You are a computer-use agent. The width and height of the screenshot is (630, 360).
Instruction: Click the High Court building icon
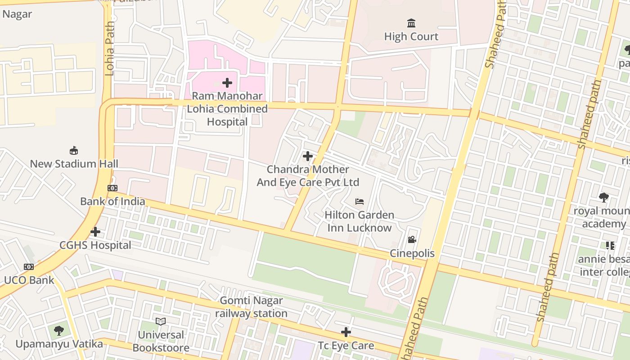tap(411, 23)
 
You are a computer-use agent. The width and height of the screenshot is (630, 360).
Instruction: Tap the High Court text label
tap(411, 36)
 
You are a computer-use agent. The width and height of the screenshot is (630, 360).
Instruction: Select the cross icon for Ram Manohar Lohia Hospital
tap(227, 83)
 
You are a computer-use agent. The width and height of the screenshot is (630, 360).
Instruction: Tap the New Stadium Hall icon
tap(74, 150)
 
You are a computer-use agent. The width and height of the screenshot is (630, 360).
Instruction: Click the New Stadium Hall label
tap(74, 164)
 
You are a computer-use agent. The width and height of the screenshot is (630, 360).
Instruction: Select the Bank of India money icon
tap(112, 188)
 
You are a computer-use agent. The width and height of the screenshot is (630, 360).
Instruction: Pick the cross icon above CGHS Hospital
tap(95, 232)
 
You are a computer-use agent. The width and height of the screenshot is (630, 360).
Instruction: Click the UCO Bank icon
tap(29, 267)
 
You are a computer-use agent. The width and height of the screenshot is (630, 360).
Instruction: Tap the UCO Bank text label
tap(29, 280)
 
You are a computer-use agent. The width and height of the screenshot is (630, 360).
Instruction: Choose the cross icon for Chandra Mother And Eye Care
tap(308, 156)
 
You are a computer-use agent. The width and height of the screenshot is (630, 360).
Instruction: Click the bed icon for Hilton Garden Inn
tap(360, 202)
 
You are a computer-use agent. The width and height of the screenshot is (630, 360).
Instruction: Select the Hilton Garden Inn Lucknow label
tap(359, 221)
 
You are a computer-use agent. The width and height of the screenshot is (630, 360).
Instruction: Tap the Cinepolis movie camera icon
tap(412, 240)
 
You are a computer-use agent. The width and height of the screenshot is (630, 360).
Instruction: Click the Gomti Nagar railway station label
tap(251, 307)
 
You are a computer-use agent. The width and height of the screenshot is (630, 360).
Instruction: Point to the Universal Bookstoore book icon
tap(161, 321)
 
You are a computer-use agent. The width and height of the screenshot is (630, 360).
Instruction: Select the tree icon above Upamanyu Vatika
tap(59, 331)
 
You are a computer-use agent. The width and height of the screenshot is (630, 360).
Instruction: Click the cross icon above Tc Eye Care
tap(346, 332)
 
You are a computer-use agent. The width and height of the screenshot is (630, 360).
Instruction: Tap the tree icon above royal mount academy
tap(604, 197)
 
